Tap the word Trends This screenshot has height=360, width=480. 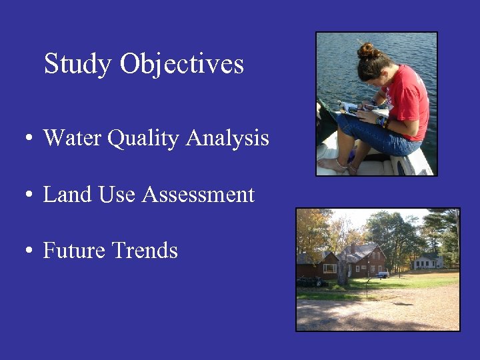point(145,251)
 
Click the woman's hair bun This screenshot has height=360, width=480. point(366,51)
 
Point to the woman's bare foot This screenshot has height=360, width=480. point(332,164)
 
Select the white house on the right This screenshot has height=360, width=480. point(427,261)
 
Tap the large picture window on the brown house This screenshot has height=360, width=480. point(330,268)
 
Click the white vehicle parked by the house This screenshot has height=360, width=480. point(382,273)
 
